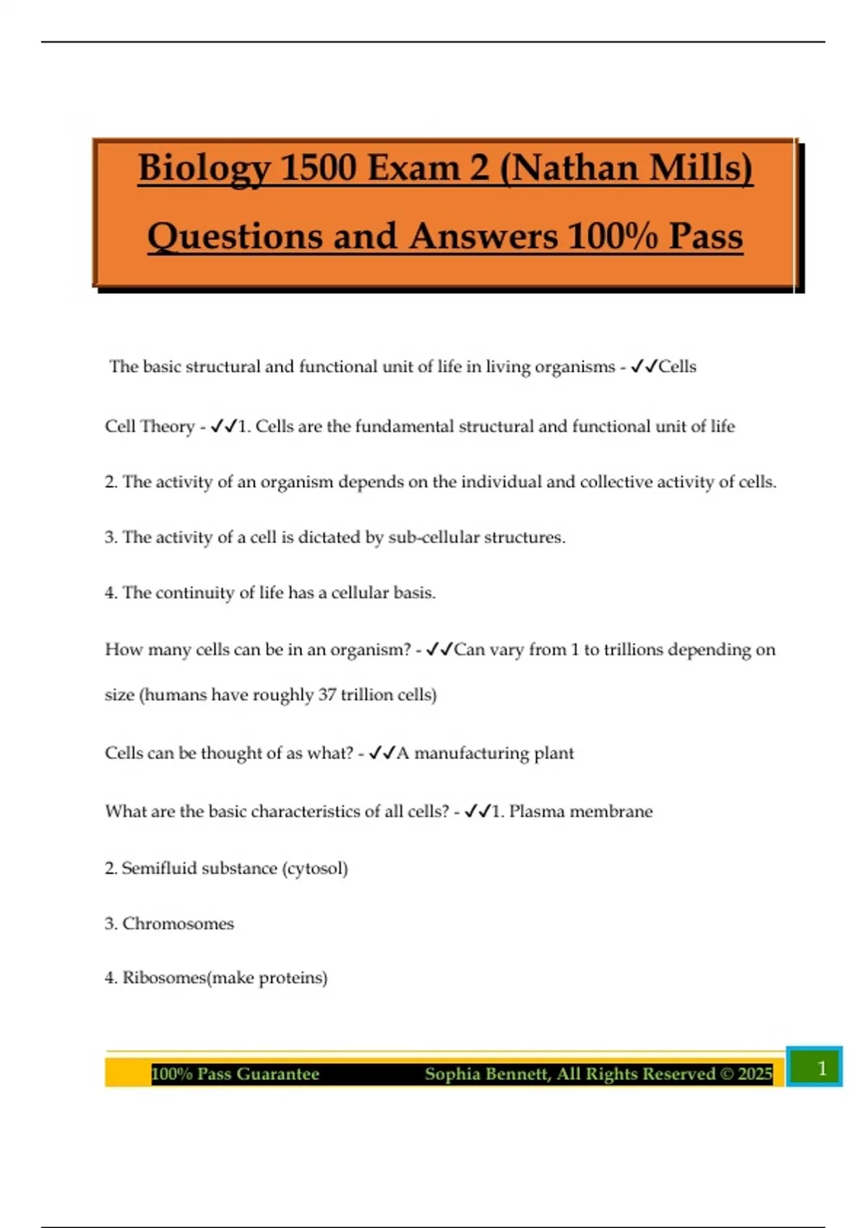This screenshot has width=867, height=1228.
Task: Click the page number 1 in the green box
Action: [x=821, y=1068]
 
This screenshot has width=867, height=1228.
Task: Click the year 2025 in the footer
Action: [x=755, y=1074]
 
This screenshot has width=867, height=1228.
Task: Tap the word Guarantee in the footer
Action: [x=277, y=1074]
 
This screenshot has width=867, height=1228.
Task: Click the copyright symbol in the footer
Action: [x=727, y=1074]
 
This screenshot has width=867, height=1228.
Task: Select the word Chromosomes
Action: [x=178, y=924]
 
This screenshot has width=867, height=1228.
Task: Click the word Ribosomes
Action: [x=164, y=978]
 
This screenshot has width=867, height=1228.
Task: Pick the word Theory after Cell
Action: [x=168, y=427]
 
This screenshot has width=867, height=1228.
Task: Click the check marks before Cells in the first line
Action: [x=643, y=367]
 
